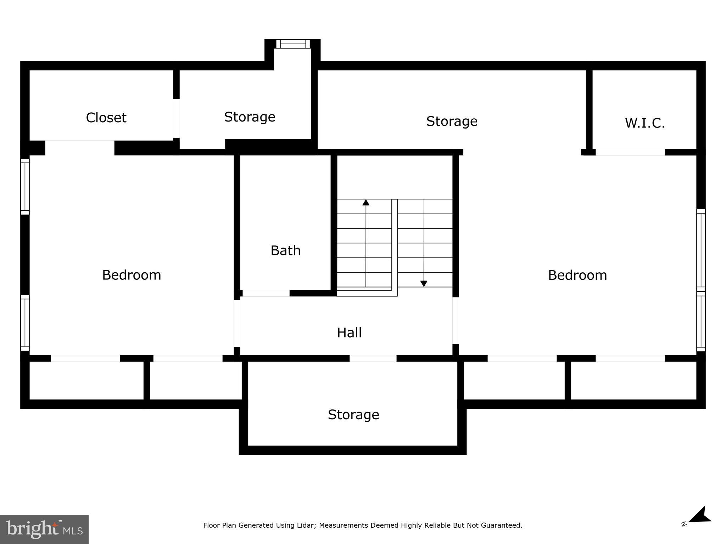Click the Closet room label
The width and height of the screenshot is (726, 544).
106,118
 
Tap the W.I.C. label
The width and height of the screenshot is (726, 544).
644,123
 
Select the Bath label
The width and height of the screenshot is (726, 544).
285,250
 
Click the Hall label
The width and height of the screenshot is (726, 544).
349,333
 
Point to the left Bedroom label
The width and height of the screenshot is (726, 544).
132,275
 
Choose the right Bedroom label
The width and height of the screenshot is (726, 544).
577,275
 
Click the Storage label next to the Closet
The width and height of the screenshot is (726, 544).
250,117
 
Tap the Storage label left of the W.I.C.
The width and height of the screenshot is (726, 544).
452,121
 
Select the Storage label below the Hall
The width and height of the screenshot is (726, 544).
353,414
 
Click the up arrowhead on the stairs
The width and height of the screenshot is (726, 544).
366,203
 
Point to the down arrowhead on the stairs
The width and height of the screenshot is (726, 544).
424,284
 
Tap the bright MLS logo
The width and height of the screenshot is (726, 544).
44,529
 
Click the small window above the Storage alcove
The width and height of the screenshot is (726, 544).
293,44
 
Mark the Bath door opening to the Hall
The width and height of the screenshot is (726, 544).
266,293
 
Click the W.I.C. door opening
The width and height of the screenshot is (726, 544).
630,152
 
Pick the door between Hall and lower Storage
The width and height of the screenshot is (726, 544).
373,358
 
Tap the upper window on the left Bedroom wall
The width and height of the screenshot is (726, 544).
25,187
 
